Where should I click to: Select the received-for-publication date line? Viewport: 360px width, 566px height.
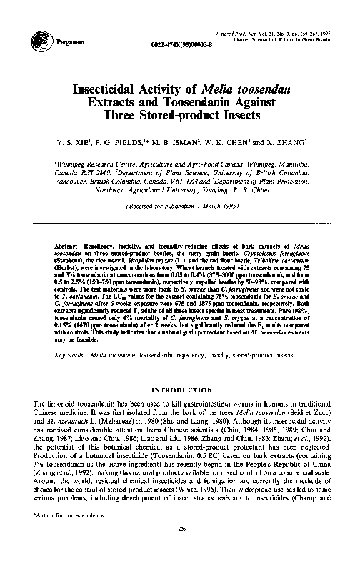[179, 206]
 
